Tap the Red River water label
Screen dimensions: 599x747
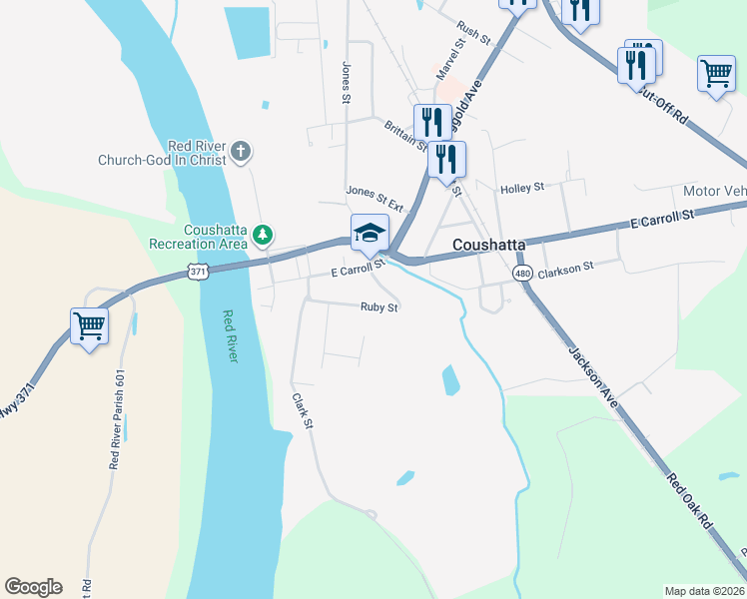(230, 335)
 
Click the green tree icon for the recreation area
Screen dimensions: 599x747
(262, 236)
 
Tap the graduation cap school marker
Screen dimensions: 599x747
(370, 233)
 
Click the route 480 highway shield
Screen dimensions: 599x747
(522, 273)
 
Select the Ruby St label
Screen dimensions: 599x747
(379, 307)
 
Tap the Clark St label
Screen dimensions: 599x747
(303, 410)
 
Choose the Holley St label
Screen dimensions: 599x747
(521, 187)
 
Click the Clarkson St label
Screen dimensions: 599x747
(566, 267)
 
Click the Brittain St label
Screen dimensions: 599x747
(404, 134)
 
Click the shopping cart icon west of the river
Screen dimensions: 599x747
(89, 325)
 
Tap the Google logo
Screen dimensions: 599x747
(33, 587)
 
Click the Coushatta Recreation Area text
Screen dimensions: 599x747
(198, 237)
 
